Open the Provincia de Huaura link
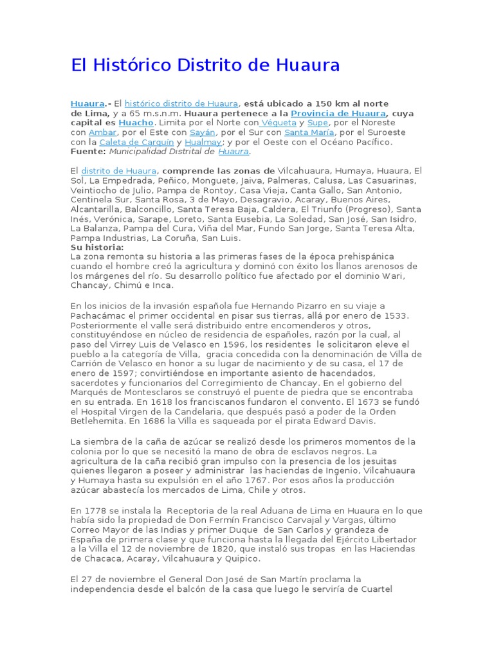click(338, 113)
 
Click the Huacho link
click(136, 123)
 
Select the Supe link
click(318, 123)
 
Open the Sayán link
click(202, 132)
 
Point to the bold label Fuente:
click(88, 152)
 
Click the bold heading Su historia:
click(97, 247)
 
